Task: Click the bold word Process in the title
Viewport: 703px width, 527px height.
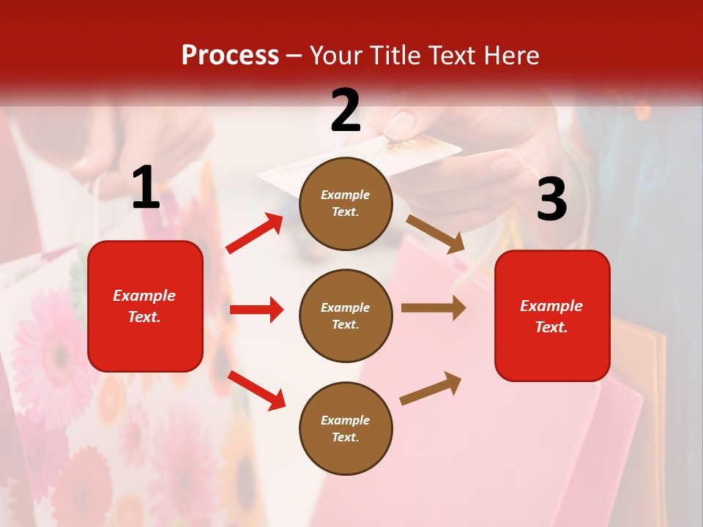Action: pos(230,56)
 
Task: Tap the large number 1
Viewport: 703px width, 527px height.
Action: pos(146,188)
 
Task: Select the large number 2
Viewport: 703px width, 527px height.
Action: pos(346,111)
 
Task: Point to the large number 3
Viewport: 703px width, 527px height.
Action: pos(551,199)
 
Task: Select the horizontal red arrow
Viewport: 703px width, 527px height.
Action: pos(256,310)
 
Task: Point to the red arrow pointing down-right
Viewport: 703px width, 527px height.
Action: pos(256,390)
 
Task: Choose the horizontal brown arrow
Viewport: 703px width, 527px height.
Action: pos(434,308)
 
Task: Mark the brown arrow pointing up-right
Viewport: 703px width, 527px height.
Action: pos(431,388)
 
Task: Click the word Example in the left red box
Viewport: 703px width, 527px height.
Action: pos(144,296)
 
